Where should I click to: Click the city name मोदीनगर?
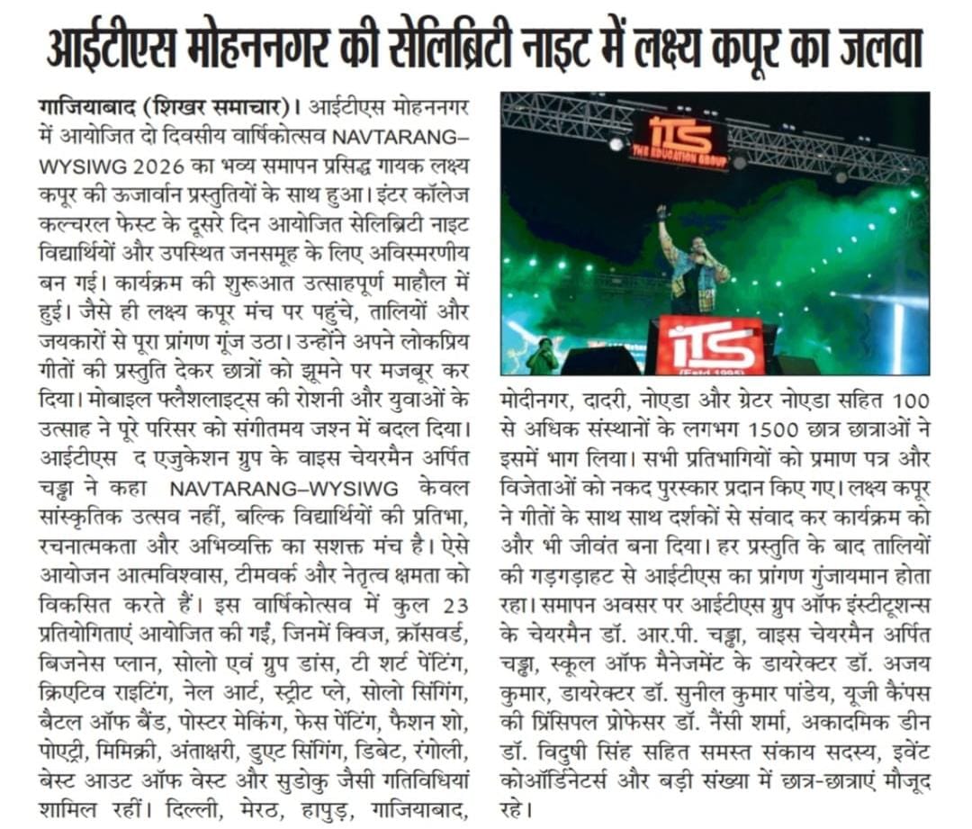(x=536, y=399)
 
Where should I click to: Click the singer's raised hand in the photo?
(x=662, y=213)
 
